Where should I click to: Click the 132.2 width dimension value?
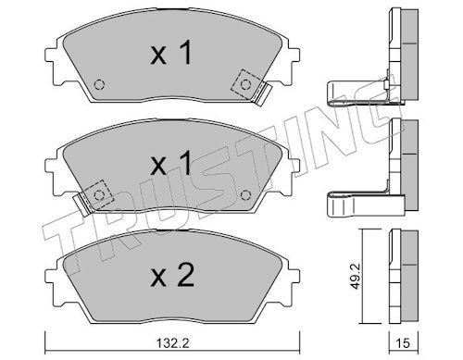point(172,343)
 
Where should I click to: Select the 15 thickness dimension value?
point(403,343)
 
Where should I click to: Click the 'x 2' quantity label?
point(172,275)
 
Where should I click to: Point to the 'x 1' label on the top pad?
point(171,53)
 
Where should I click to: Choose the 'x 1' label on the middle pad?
point(171,164)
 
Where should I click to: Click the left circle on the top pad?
point(99,84)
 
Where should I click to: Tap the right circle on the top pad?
point(245,84)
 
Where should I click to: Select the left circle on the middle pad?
point(99,195)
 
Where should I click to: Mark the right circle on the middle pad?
point(245,195)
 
